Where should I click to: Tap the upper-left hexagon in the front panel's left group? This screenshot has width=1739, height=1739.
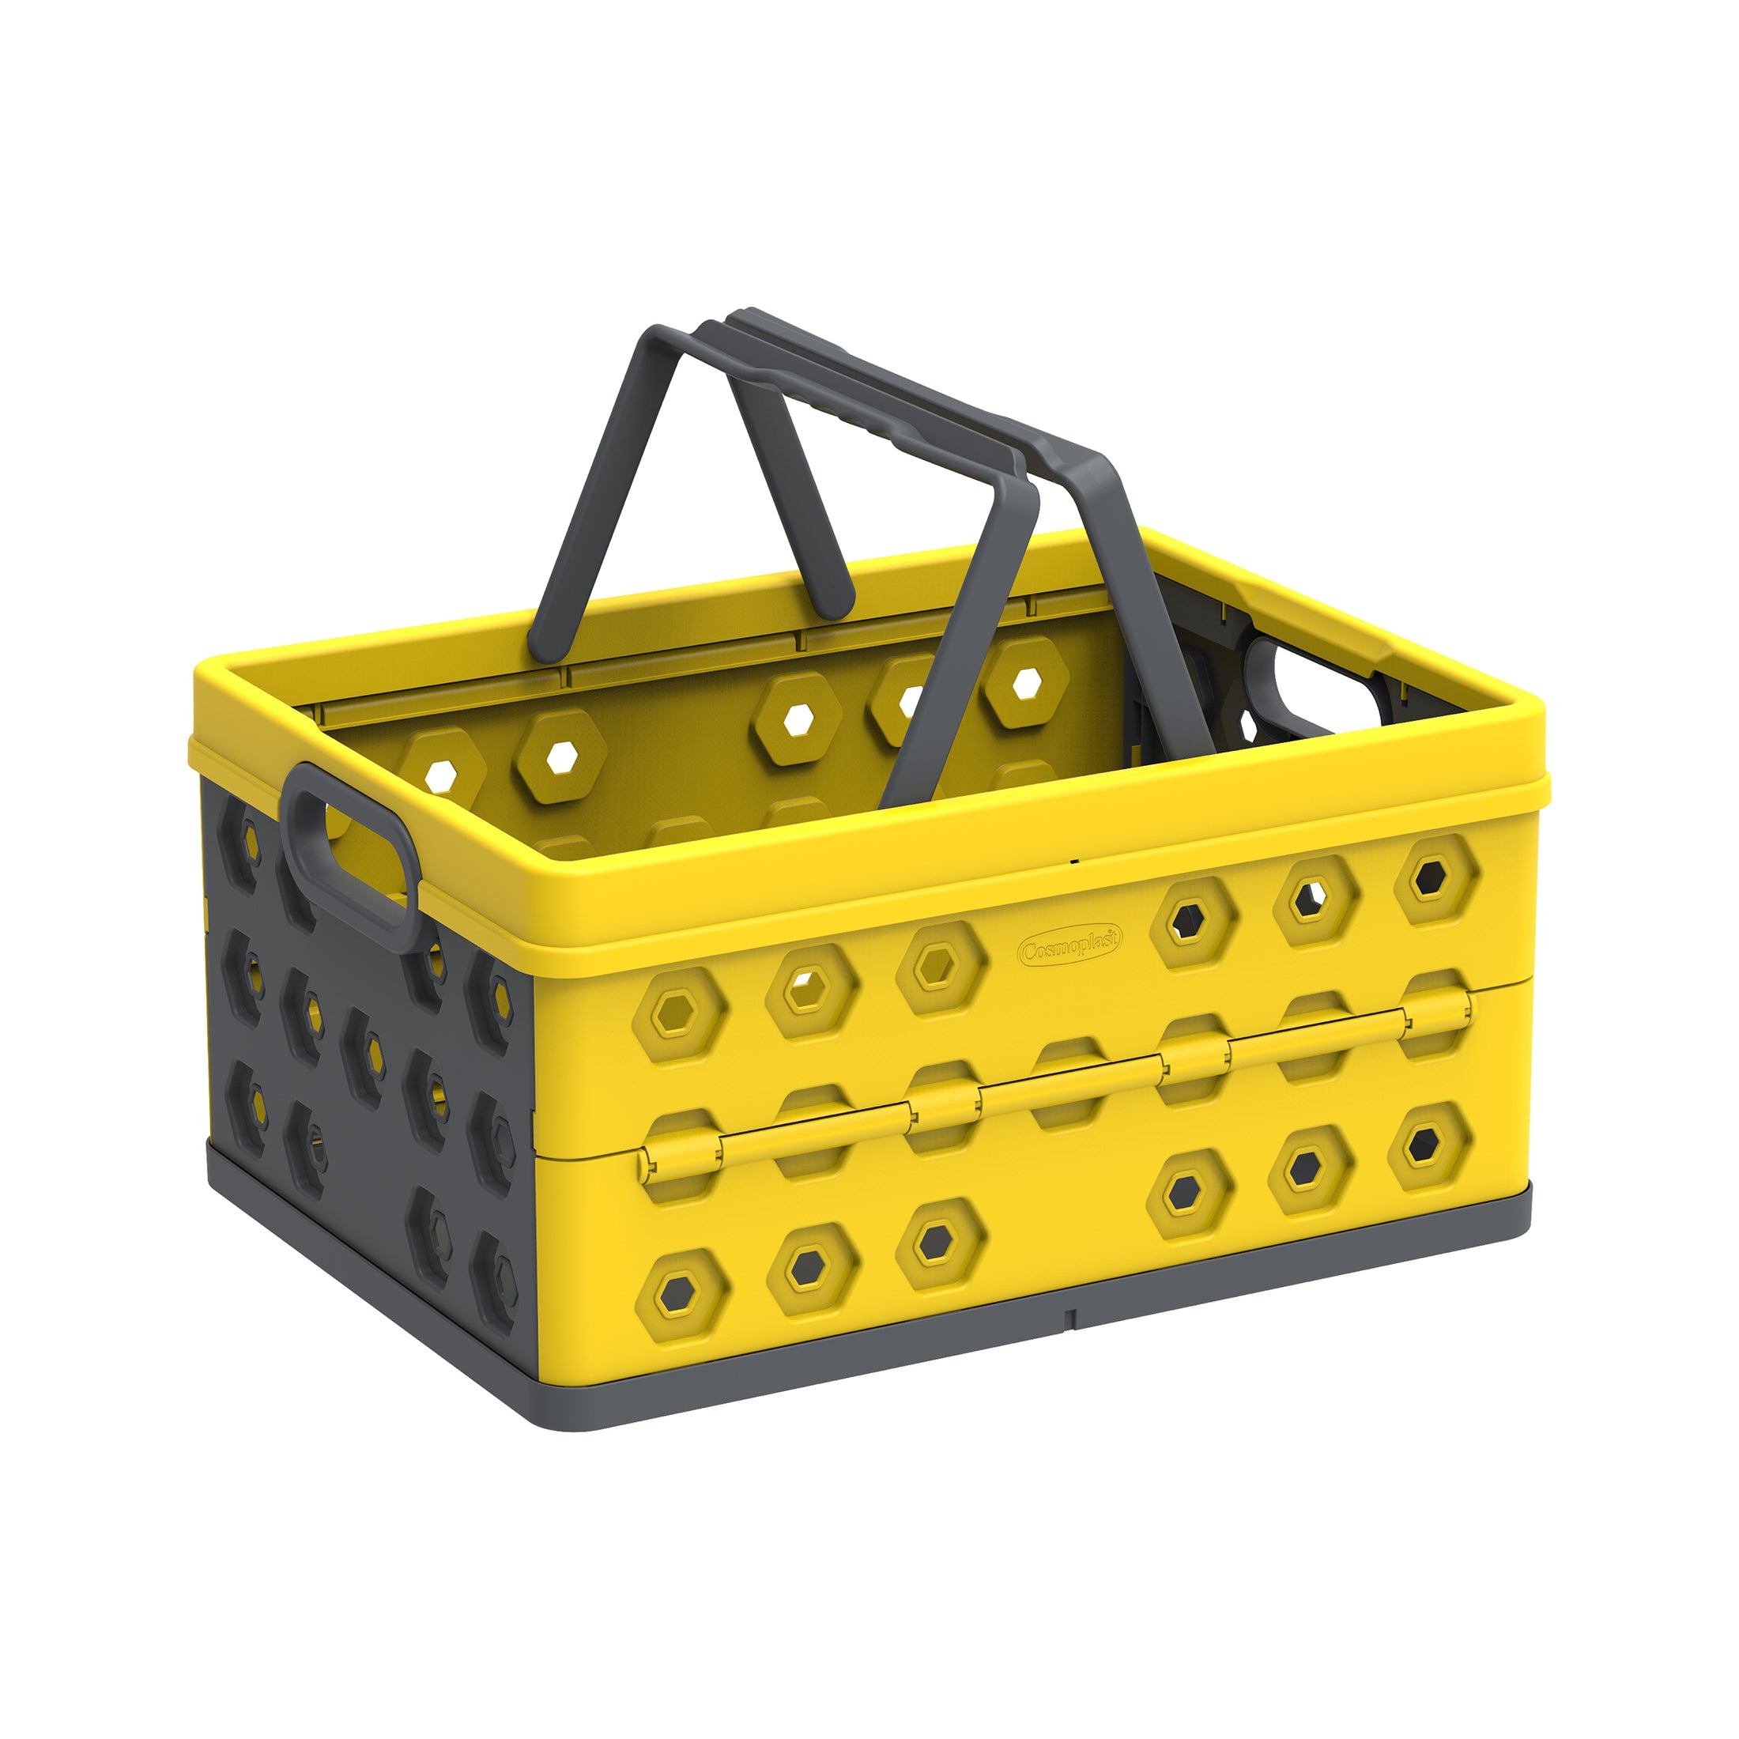677,1017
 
